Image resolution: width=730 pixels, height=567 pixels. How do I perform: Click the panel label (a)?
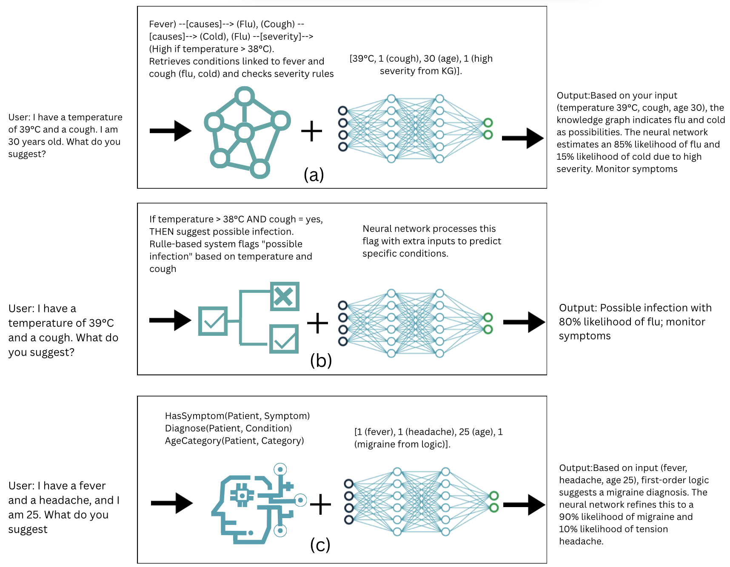tap(314, 175)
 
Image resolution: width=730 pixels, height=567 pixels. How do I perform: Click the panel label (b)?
tap(321, 360)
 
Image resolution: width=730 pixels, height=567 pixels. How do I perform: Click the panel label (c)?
tap(320, 544)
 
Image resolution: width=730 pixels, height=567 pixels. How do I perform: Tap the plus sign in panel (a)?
tap(311, 131)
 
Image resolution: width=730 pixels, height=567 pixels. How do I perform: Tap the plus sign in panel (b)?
tap(317, 323)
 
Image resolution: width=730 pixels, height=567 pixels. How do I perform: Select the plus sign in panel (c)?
tap(320, 505)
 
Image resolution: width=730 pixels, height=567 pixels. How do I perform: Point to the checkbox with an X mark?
tap(285, 296)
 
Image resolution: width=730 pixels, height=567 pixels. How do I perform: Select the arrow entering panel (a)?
tap(170, 130)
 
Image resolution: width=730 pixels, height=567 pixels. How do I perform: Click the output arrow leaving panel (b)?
tap(524, 322)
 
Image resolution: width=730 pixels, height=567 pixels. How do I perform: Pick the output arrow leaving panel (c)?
tap(524, 505)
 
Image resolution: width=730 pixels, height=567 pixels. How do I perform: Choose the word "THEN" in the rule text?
tap(161, 232)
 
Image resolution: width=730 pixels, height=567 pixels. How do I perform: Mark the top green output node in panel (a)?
tap(488, 123)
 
